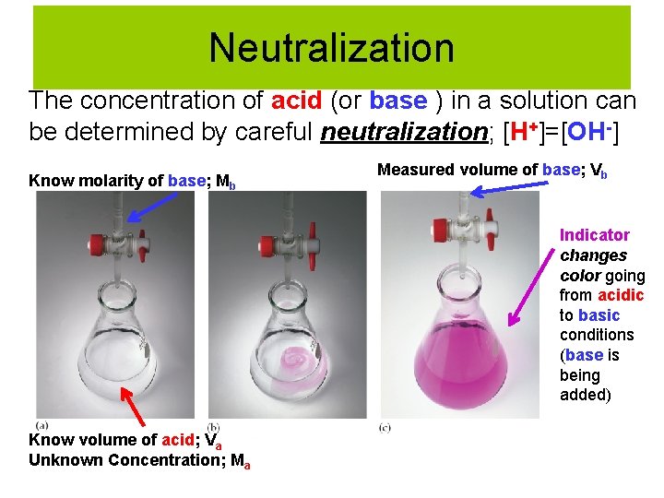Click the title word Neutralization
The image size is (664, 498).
[331, 48]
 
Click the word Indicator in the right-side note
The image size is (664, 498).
[594, 235]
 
